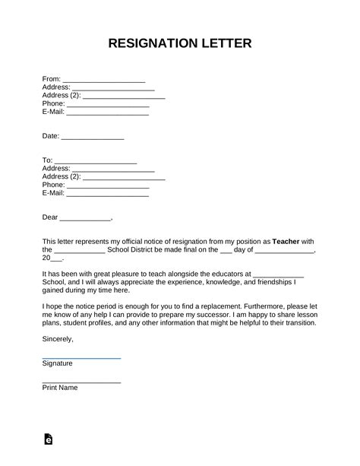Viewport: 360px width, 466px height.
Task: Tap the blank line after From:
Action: (x=103, y=81)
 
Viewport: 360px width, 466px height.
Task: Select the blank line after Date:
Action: (x=92, y=138)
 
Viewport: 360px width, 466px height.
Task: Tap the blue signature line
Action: (x=81, y=357)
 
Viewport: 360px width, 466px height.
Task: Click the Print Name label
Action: (x=60, y=388)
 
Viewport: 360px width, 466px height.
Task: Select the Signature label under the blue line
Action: (x=58, y=364)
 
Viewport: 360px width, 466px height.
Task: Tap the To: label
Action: (x=47, y=160)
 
